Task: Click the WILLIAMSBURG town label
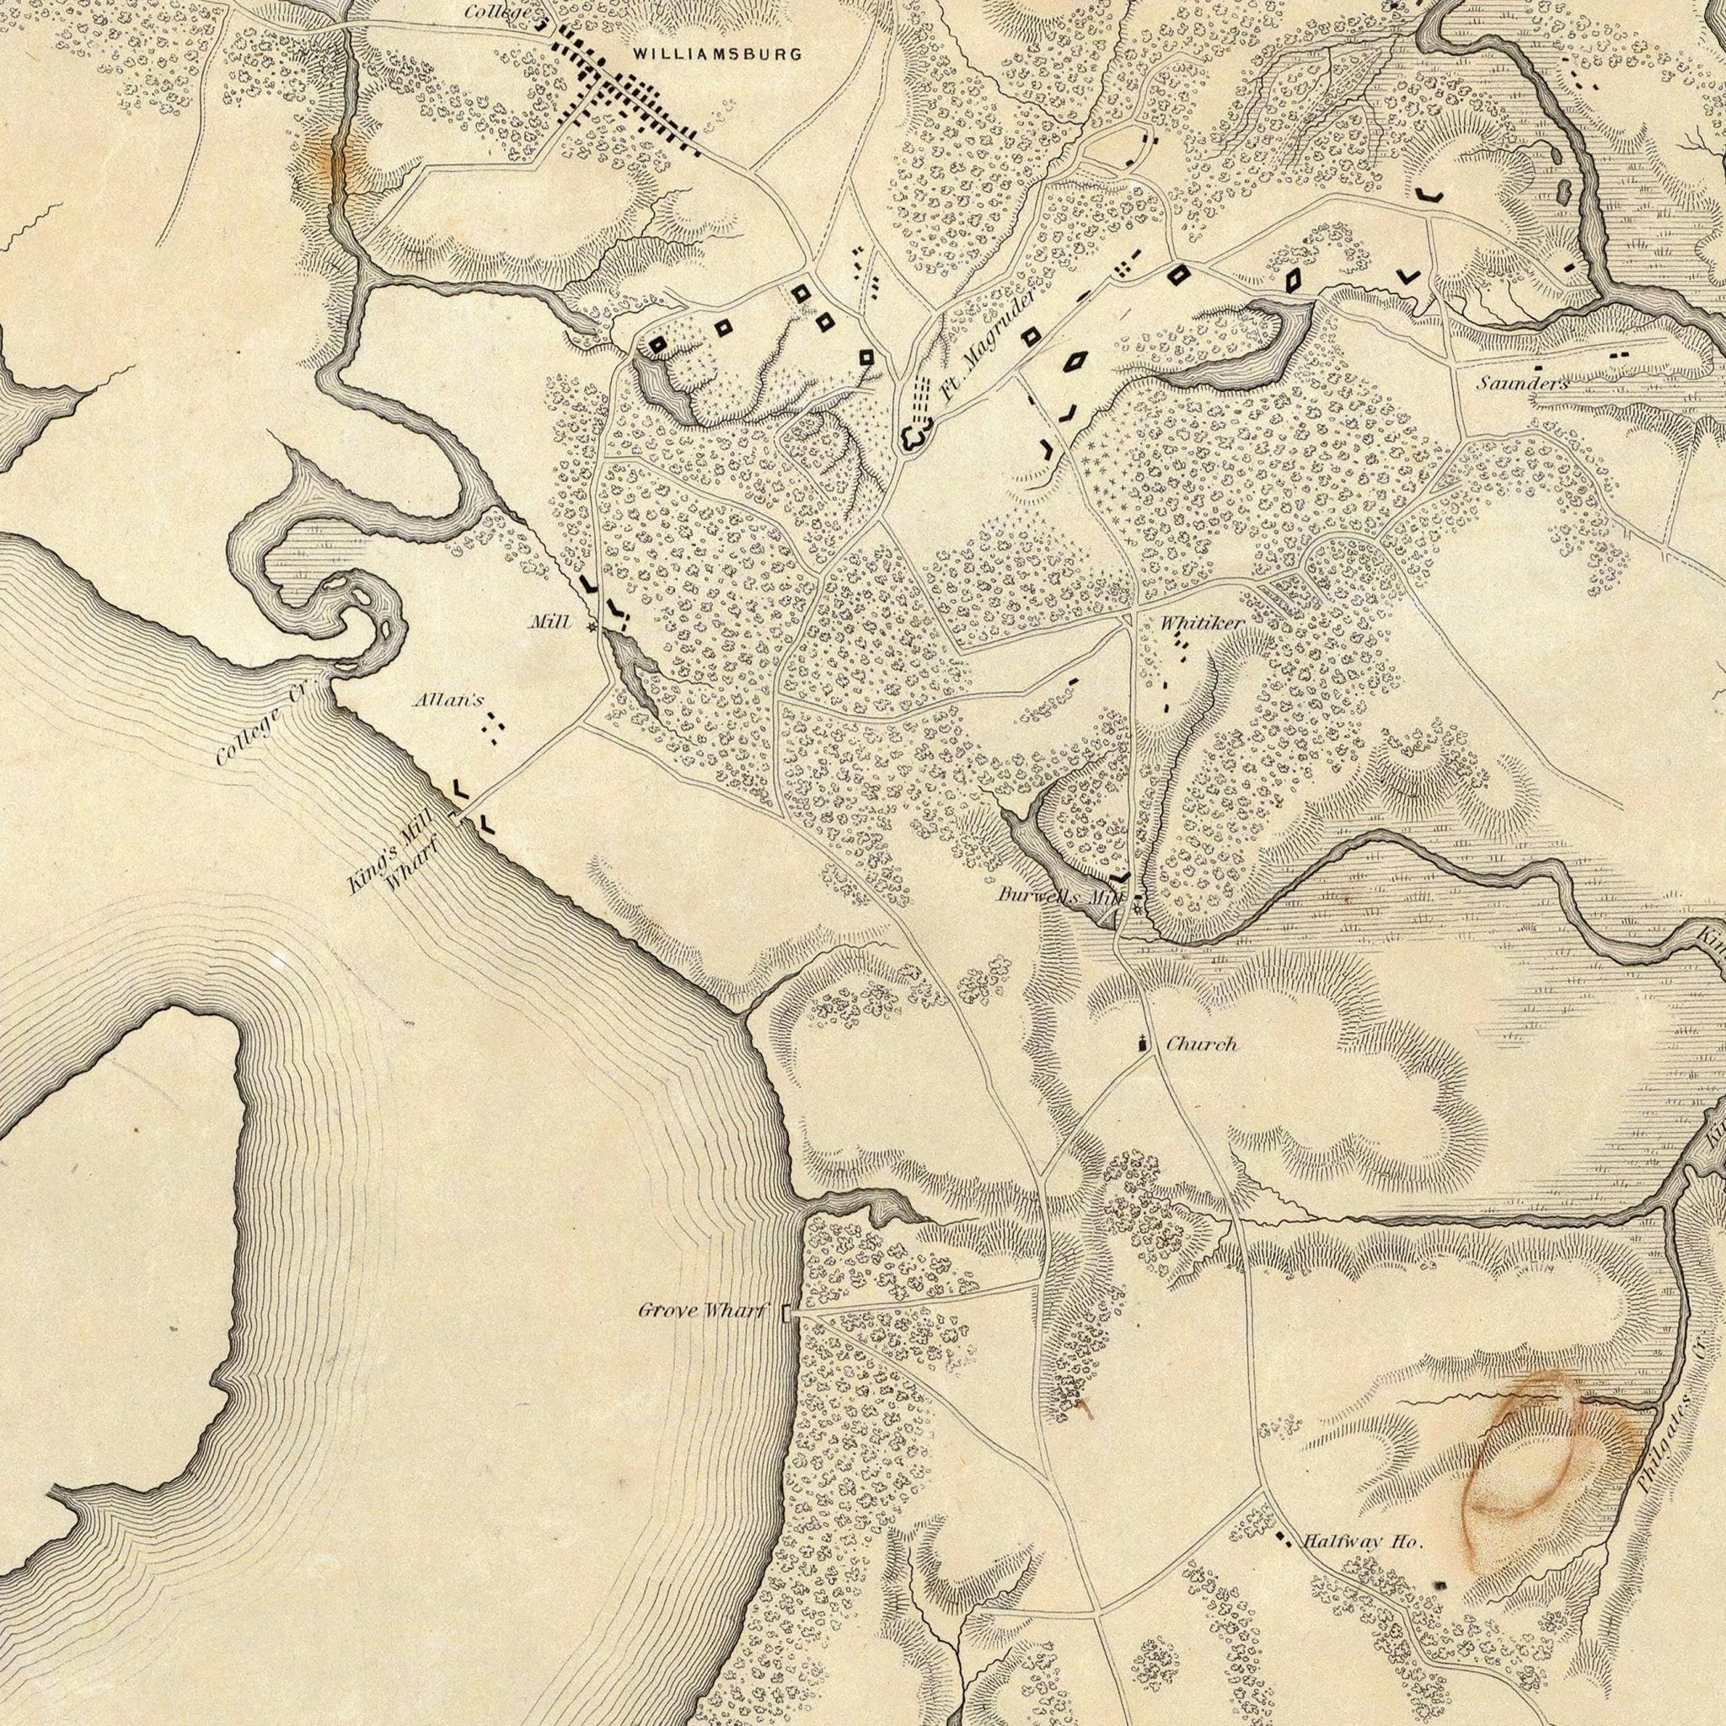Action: (717, 55)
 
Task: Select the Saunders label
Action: (1522, 384)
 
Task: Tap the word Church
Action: (1202, 1043)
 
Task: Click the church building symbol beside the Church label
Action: (1142, 1042)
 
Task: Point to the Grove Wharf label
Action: (702, 1311)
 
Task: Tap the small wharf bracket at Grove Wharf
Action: (786, 1313)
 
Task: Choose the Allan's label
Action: (448, 701)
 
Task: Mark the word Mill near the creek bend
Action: (549, 623)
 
